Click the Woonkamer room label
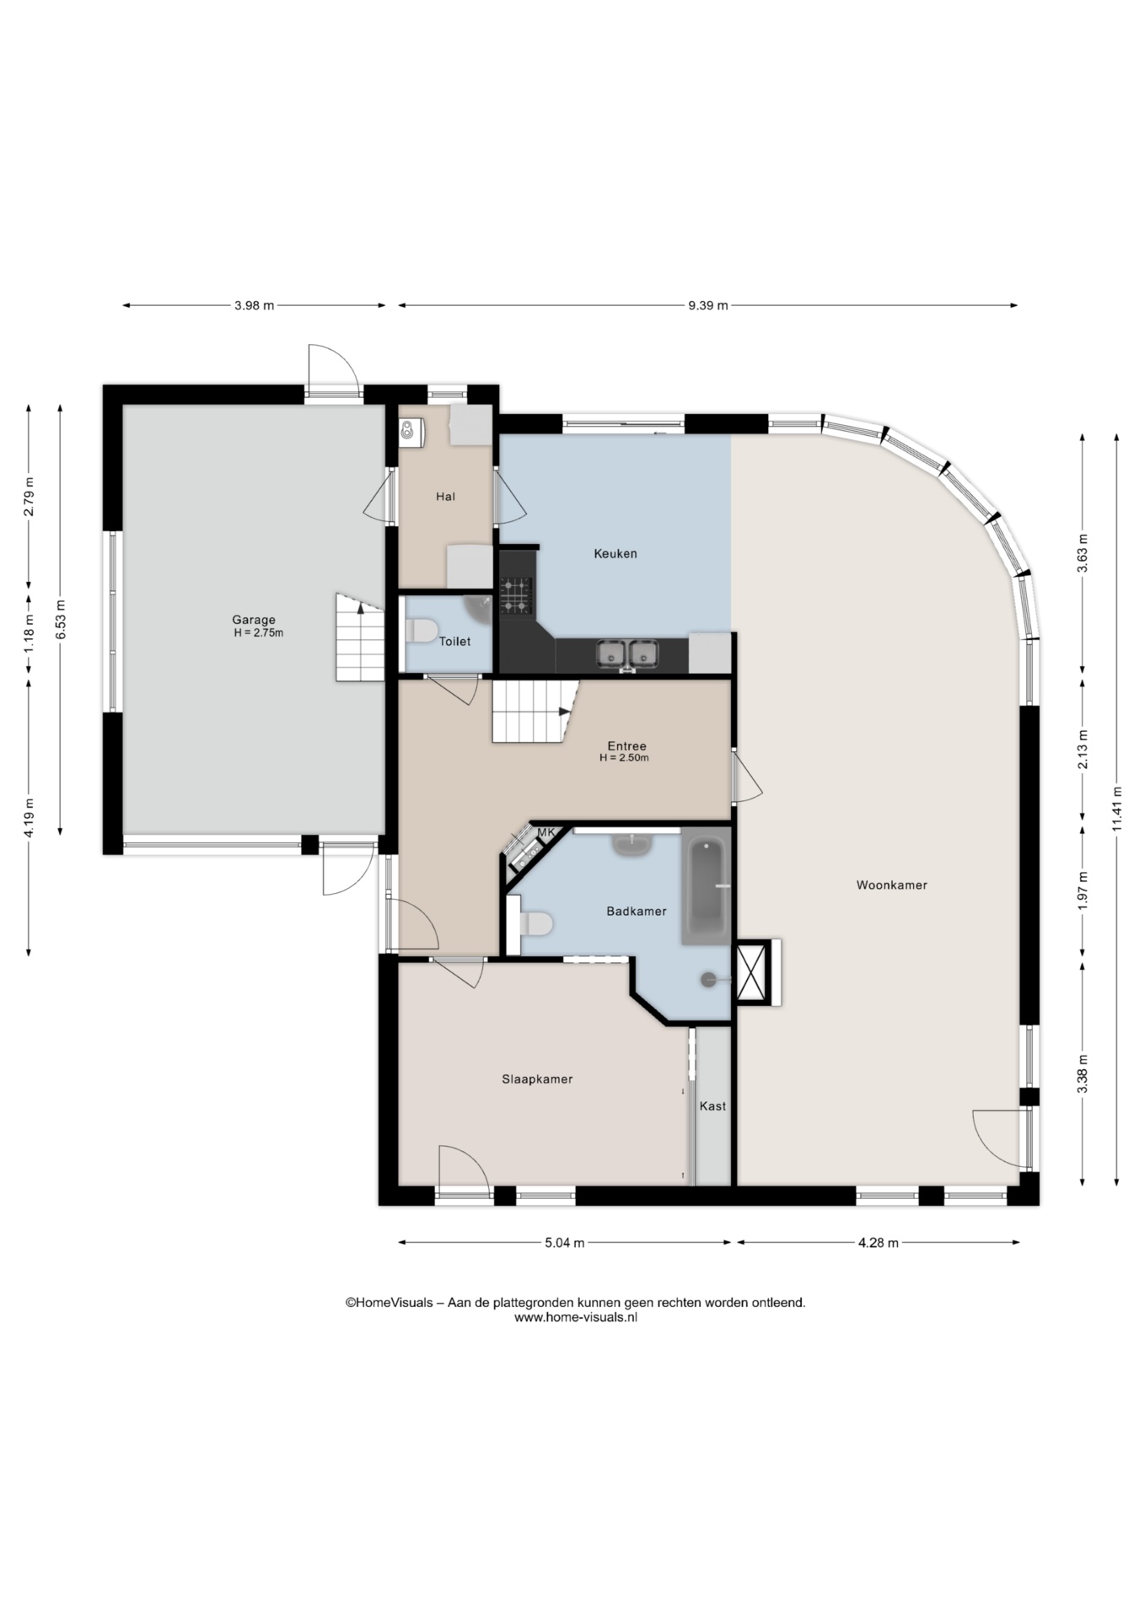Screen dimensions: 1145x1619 (x=891, y=885)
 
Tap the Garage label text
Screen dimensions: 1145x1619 (x=254, y=620)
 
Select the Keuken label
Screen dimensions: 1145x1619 (x=616, y=553)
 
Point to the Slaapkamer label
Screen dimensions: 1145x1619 (x=537, y=1078)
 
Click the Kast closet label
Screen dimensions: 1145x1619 (x=712, y=1105)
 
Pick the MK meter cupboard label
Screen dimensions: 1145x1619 (x=546, y=832)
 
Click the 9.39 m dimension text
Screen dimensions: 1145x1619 (x=708, y=305)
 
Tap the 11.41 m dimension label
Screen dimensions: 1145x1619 (x=1117, y=808)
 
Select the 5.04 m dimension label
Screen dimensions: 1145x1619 (x=565, y=1242)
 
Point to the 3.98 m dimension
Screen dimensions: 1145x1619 (x=255, y=305)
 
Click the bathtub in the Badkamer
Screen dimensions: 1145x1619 (x=705, y=890)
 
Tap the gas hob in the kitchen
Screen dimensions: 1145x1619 (x=516, y=594)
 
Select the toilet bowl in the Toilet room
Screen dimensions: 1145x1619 (x=421, y=630)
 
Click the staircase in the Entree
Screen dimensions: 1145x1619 (x=534, y=711)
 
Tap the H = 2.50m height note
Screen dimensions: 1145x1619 (x=624, y=757)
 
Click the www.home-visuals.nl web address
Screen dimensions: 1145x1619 (x=576, y=1317)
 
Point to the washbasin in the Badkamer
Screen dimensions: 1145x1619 (x=631, y=843)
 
